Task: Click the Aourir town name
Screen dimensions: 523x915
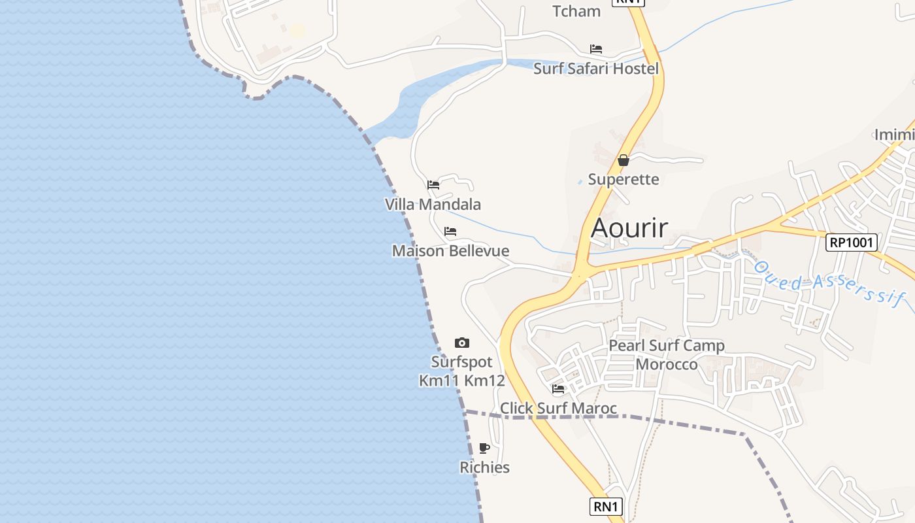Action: (629, 228)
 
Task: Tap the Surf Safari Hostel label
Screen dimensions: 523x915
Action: (595, 69)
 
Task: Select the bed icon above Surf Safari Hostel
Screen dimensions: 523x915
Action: (595, 49)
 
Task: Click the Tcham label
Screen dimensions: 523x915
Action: (576, 11)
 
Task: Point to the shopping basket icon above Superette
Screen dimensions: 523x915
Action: (624, 160)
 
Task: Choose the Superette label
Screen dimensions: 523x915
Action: (624, 179)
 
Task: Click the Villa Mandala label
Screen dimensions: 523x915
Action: (433, 205)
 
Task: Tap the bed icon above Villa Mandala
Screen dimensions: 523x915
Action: (433, 185)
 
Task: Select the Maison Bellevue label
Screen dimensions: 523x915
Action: (450, 251)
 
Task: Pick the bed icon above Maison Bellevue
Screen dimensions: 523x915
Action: (450, 231)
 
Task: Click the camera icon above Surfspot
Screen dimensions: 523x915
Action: (462, 343)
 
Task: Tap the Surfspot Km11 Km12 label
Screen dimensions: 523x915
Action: (462, 371)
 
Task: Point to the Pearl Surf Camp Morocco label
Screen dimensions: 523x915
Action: (667, 355)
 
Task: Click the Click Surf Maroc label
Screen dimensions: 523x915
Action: (558, 409)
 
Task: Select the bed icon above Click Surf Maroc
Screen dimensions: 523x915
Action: (558, 389)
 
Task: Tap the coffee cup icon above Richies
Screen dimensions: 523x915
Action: (484, 448)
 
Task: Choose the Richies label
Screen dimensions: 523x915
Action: (484, 467)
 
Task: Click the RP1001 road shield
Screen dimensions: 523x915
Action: (851, 243)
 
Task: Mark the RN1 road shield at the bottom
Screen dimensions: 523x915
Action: (606, 507)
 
